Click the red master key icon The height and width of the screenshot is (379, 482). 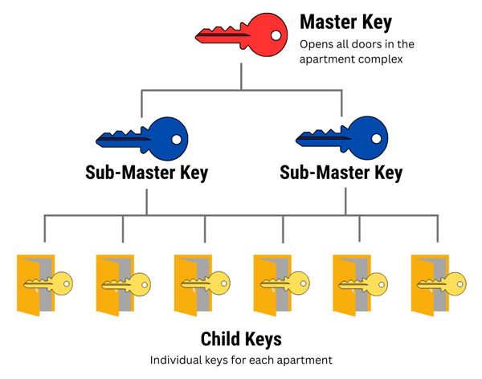coord(241,35)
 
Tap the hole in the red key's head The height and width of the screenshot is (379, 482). coord(276,35)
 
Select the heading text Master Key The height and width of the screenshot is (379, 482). coord(345,22)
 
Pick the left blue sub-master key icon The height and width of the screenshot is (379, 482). coord(142,139)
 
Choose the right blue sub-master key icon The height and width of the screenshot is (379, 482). coord(342,139)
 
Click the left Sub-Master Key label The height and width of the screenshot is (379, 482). coord(146,173)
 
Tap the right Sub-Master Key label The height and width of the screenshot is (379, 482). coord(341,173)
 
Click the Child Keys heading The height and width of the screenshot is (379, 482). coord(241,338)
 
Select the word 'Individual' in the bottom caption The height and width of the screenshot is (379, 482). coord(175,361)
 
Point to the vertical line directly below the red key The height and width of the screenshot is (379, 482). coord(241,76)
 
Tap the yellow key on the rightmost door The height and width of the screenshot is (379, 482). coord(444,283)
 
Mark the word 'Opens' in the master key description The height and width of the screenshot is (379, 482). coord(316,44)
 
